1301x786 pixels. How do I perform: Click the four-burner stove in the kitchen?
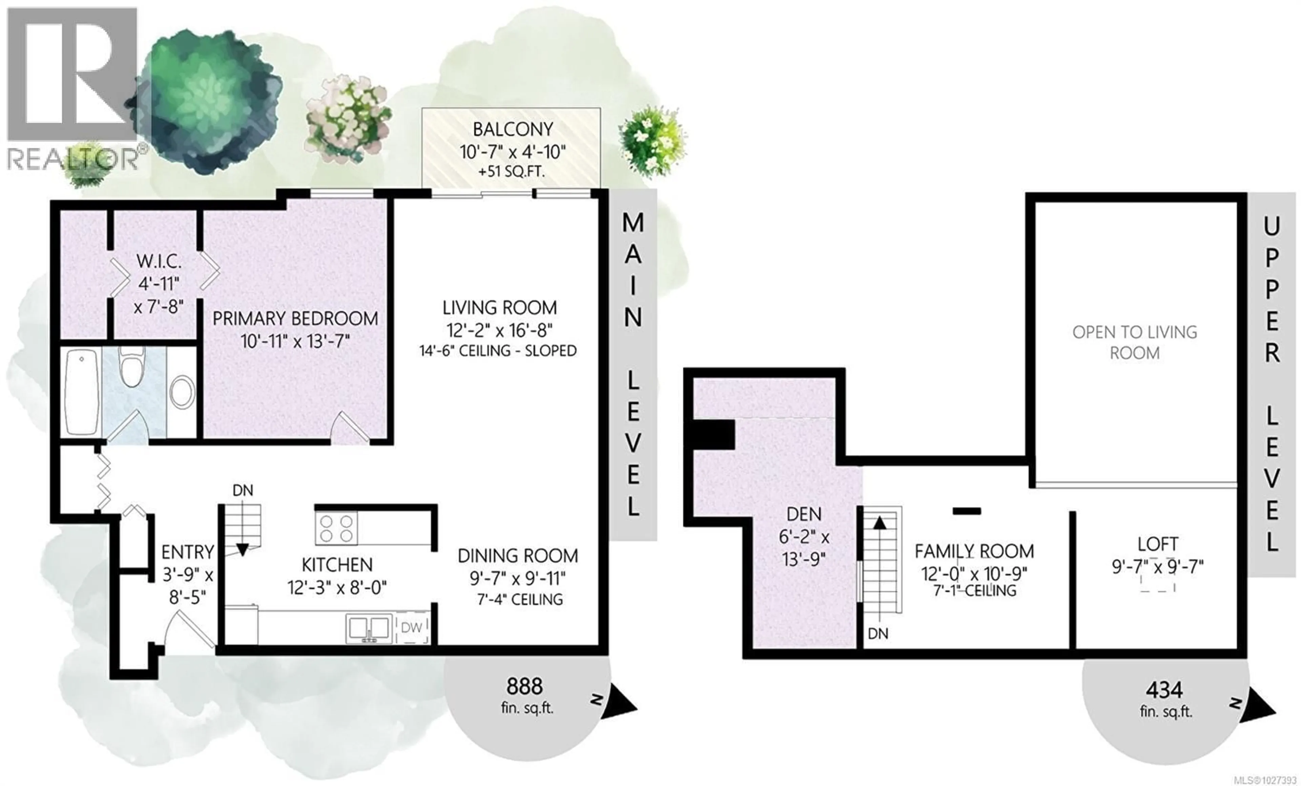coord(336,528)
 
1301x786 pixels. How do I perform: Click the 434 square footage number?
coord(1164,690)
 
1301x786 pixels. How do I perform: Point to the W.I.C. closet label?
coord(159,261)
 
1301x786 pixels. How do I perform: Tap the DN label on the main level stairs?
coord(243,490)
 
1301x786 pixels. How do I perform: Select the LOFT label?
coord(1157,544)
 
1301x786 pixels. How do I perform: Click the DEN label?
coord(804,514)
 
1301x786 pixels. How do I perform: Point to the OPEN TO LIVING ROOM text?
coord(1135,342)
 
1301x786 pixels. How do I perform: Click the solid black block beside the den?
coord(713,435)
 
